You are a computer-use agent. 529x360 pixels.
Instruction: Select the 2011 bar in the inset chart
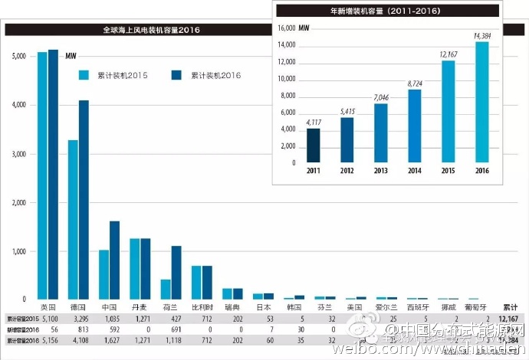tap(314, 146)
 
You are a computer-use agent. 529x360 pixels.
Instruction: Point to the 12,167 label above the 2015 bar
tap(449, 54)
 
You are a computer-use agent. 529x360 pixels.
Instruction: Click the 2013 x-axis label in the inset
tap(381, 171)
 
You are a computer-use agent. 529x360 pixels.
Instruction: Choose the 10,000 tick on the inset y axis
tap(286, 79)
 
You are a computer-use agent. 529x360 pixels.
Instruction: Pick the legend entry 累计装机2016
tap(215, 75)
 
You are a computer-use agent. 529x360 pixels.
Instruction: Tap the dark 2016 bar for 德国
tap(84, 199)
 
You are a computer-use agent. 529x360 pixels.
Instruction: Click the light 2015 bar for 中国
tap(103, 274)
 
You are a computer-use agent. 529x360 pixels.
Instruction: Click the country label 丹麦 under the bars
tap(140, 306)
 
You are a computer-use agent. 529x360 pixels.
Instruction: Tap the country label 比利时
tap(201, 306)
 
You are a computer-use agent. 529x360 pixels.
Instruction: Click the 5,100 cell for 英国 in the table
tap(48, 317)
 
